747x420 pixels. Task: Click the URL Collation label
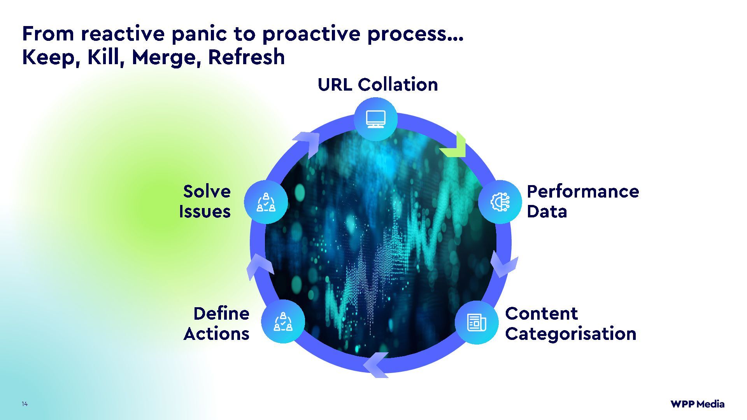click(x=377, y=84)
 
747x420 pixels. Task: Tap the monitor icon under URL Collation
click(x=375, y=119)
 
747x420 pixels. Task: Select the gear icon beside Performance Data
click(x=500, y=202)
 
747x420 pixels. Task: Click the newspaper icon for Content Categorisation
click(x=477, y=322)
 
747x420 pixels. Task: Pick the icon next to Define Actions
click(x=283, y=322)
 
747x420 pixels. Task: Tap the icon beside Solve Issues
click(x=266, y=202)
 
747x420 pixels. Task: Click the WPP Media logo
click(x=697, y=404)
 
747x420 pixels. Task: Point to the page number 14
click(x=25, y=404)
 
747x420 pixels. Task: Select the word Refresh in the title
click(x=246, y=57)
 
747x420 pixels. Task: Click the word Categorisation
click(x=570, y=334)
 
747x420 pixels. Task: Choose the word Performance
click(x=582, y=191)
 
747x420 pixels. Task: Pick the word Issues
click(x=205, y=212)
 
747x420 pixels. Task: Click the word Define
click(x=221, y=313)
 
